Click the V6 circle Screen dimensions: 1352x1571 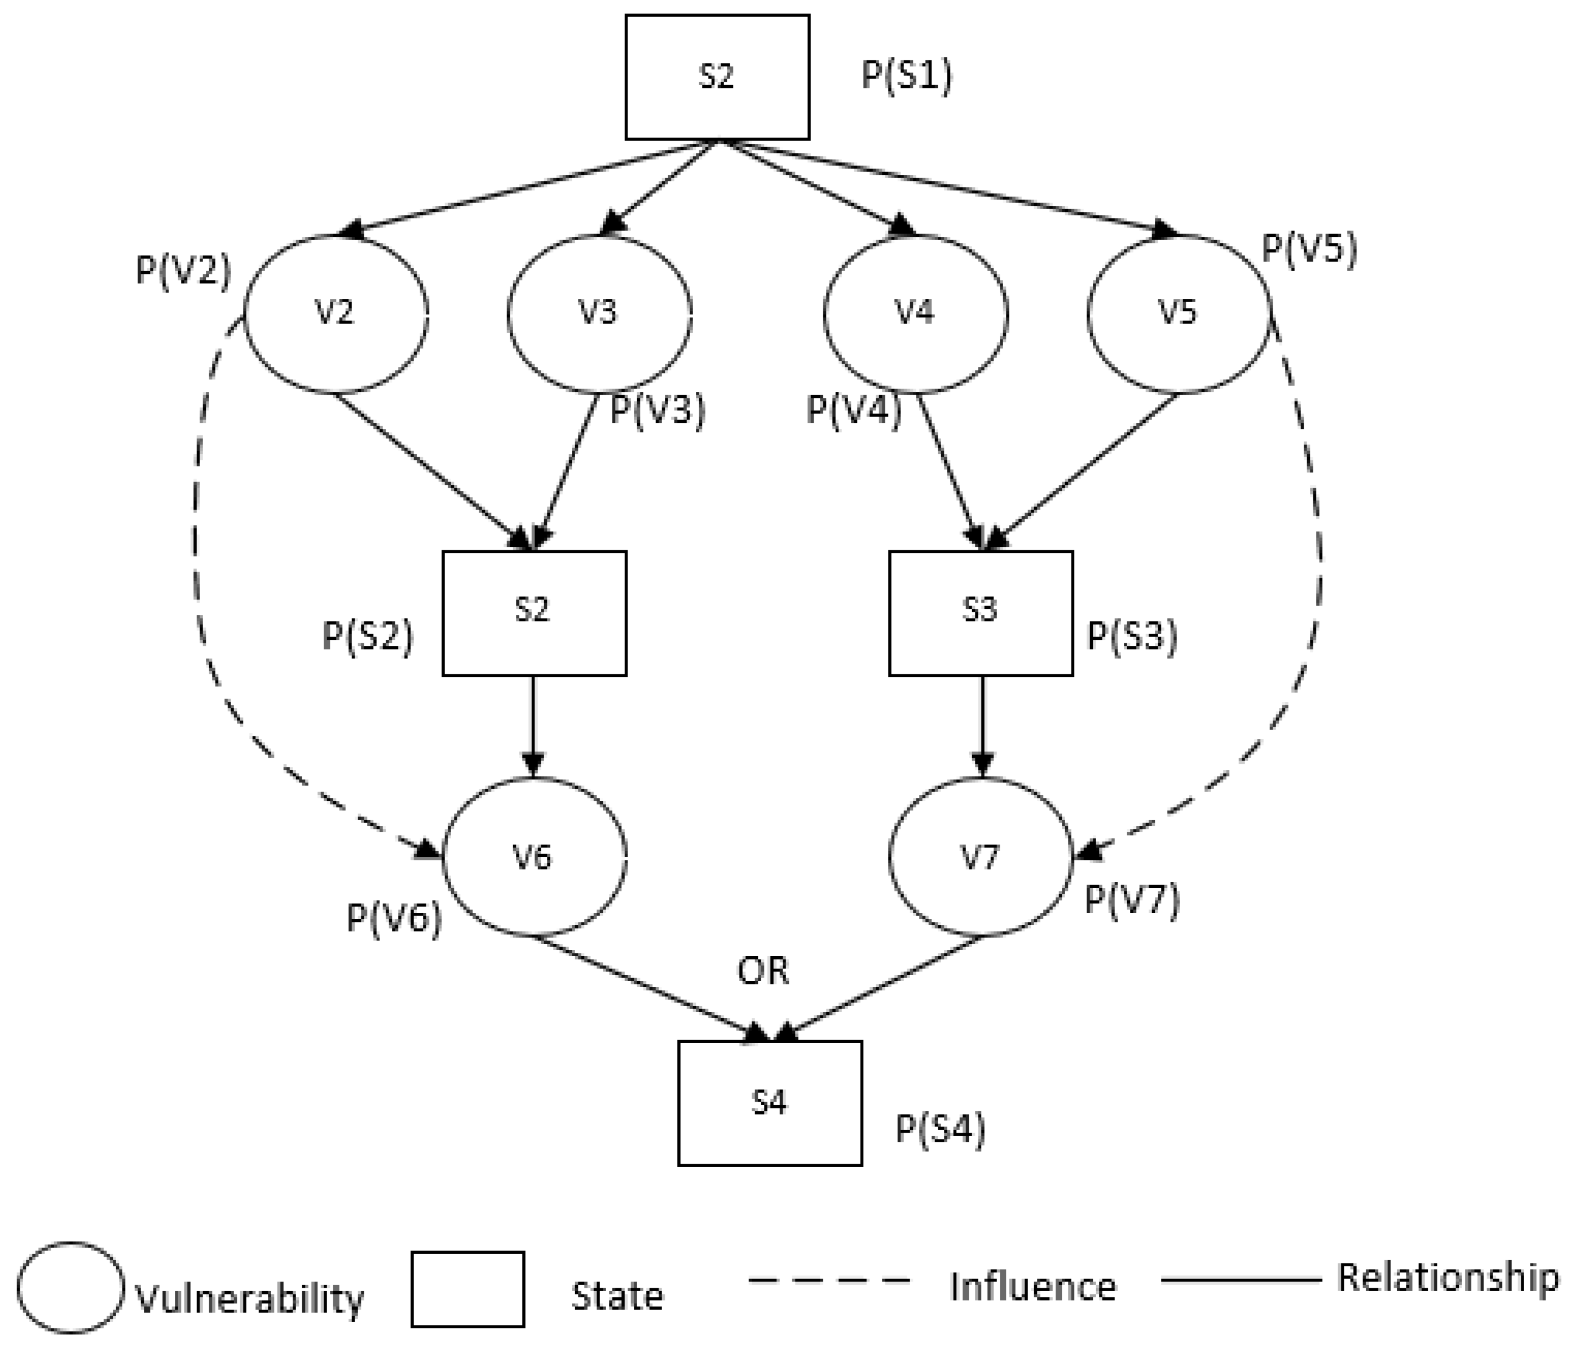click(534, 857)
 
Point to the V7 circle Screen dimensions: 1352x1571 click(981, 857)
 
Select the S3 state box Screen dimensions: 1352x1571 click(981, 613)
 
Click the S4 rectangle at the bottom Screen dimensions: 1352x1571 click(770, 1103)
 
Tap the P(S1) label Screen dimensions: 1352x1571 click(907, 76)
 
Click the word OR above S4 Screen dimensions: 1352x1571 click(764, 971)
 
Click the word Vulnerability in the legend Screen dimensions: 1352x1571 click(250, 1298)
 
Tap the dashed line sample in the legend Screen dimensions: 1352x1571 click(829, 1280)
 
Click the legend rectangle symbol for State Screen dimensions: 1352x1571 click(468, 1289)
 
